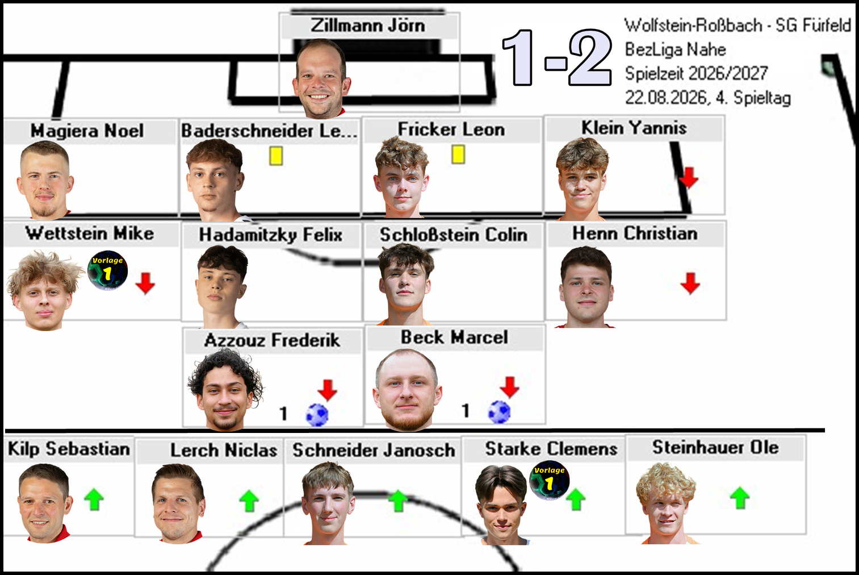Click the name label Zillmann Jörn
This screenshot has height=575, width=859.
point(368,26)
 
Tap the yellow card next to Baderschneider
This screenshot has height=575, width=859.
point(276,156)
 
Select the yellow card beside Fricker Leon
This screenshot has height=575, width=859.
point(458,155)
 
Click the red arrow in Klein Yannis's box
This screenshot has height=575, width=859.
point(689,178)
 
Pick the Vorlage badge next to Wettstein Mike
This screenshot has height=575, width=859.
point(108,270)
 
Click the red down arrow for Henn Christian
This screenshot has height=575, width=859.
point(690,284)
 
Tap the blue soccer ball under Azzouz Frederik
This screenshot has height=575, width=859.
point(317,415)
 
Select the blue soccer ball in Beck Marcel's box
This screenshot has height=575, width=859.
point(499,413)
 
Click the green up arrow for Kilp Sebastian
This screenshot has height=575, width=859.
point(94,499)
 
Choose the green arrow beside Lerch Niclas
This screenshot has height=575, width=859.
point(249,501)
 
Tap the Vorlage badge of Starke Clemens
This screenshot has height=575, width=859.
point(550,480)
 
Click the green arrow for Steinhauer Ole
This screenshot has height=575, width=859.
point(740,498)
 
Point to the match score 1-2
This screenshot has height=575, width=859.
point(557,57)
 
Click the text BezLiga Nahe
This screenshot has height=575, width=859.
point(675,49)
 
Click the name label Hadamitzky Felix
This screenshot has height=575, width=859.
point(270,235)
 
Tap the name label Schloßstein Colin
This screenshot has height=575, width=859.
point(454,235)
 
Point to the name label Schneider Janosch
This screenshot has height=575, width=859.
point(374,450)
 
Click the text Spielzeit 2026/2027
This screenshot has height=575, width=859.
point(697,73)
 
